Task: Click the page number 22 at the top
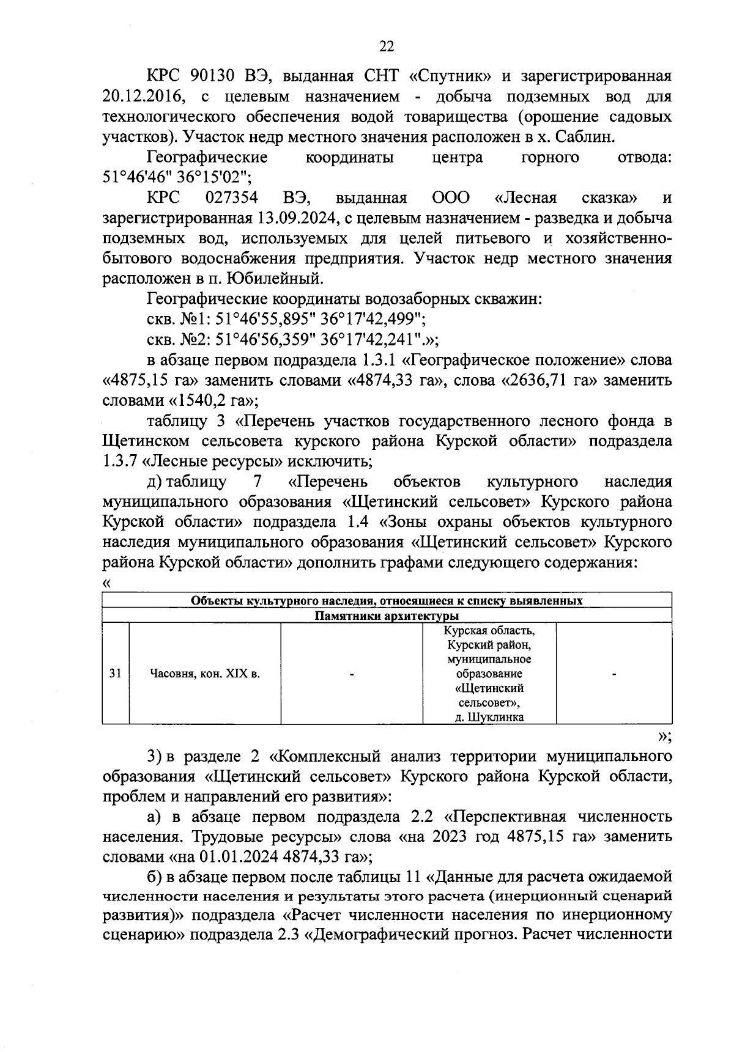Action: coord(387,46)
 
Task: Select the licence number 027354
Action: coord(232,197)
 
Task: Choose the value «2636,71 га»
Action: coord(550,380)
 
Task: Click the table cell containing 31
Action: coord(115,674)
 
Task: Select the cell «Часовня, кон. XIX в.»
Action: coord(205,674)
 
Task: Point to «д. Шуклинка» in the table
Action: coord(489,717)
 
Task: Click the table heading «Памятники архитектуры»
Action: coord(387,615)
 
